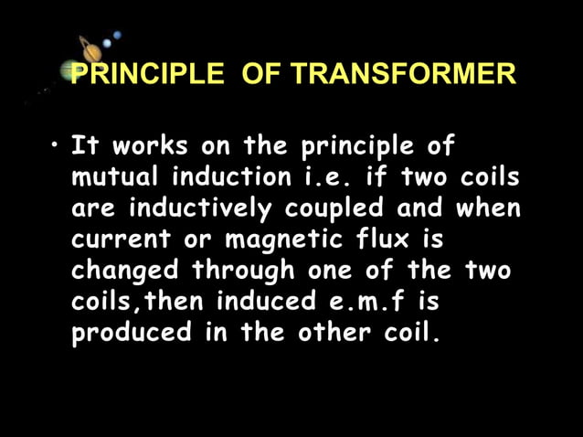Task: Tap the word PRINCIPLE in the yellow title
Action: (146, 74)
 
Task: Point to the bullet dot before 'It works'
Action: (57, 146)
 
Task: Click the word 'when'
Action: (489, 208)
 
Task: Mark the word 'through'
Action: (243, 272)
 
